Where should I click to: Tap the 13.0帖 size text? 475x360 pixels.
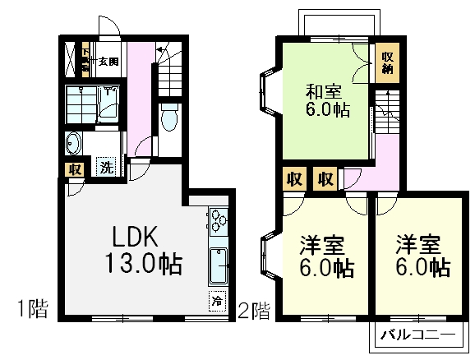click(x=143, y=265)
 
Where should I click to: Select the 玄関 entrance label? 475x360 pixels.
click(x=108, y=61)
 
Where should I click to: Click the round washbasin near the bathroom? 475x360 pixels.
click(x=74, y=145)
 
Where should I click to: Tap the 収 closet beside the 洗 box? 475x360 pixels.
click(x=75, y=169)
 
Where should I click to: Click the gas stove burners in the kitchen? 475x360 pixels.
click(x=219, y=220)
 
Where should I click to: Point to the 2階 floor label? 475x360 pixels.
click(x=255, y=310)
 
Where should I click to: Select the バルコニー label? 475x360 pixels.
click(x=418, y=335)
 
